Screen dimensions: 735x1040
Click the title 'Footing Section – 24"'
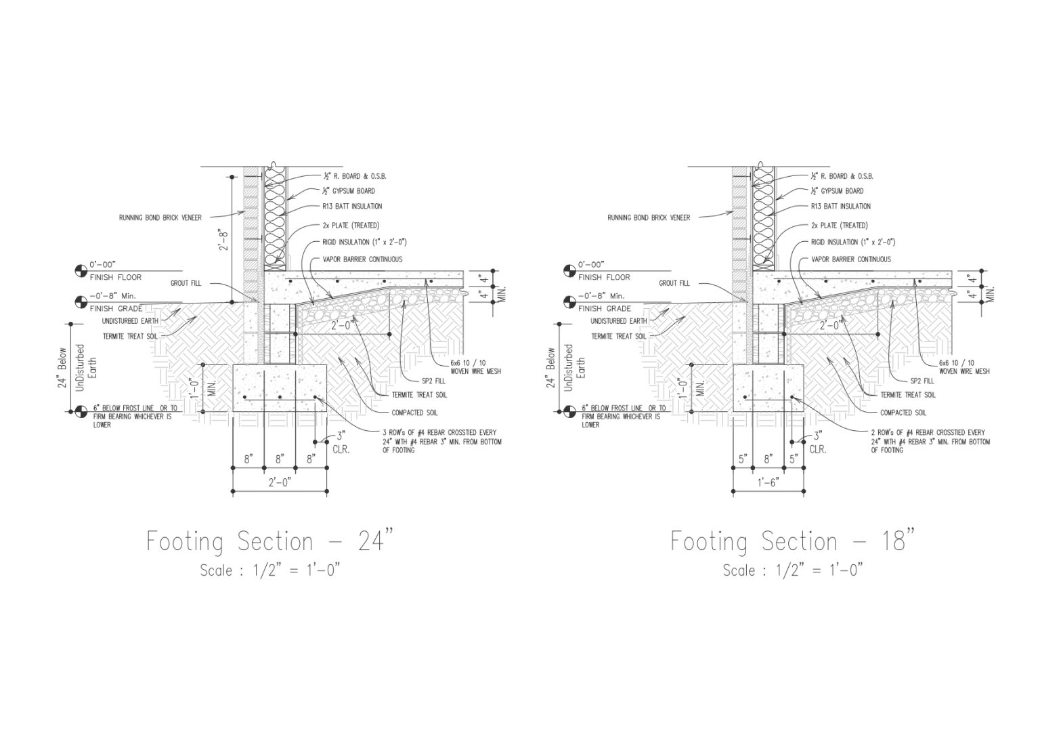pyautogui.click(x=269, y=541)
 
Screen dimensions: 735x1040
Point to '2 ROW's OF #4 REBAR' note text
pyautogui.click(x=929, y=441)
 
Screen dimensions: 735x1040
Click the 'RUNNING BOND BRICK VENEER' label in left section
pyautogui.click(x=160, y=217)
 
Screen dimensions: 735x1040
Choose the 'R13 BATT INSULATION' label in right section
pyautogui.click(x=841, y=206)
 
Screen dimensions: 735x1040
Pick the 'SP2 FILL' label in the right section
pyautogui.click(x=922, y=381)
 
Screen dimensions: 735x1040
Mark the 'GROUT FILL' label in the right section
pyautogui.click(x=674, y=283)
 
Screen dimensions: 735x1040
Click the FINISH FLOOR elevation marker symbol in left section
pyautogui.click(x=81, y=272)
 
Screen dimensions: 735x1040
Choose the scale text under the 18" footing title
pyautogui.click(x=792, y=570)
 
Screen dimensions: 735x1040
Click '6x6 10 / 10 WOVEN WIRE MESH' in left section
pyautogui.click(x=475, y=366)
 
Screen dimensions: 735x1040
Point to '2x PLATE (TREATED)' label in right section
pyautogui.click(x=839, y=226)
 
